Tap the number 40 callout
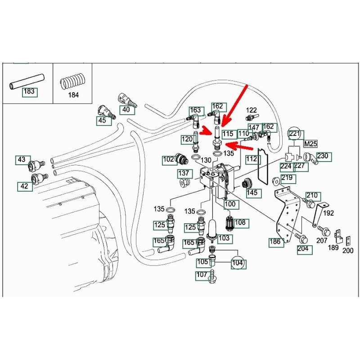[126, 109]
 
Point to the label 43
[22, 159]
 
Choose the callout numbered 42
[25, 186]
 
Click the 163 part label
[195, 110]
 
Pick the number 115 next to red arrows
[228, 134]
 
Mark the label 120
[187, 139]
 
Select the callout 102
[169, 159]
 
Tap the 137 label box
[183, 173]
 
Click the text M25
[310, 144]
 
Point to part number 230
[323, 156]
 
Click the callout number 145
[252, 193]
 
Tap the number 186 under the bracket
[275, 242]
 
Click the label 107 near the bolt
[202, 274]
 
